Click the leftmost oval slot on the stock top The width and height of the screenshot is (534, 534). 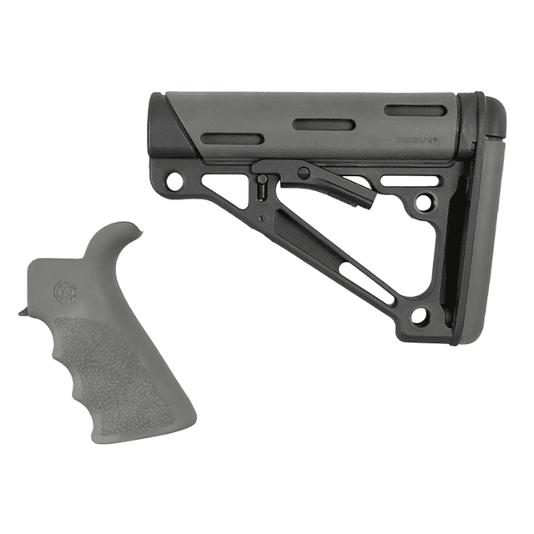(233, 139)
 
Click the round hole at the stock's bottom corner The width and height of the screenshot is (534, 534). (420, 315)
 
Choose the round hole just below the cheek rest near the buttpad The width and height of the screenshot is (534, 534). (425, 201)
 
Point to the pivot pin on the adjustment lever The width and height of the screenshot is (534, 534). (304, 173)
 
